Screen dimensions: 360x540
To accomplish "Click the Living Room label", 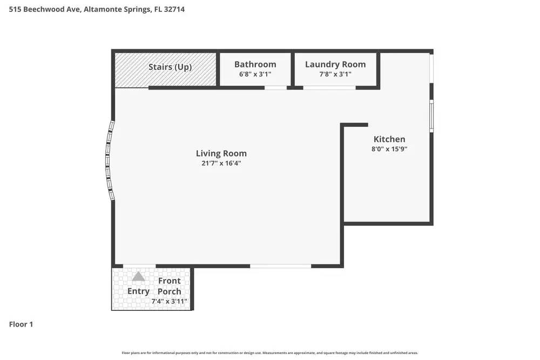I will tap(221, 153).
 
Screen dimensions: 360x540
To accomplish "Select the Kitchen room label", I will tap(389, 139).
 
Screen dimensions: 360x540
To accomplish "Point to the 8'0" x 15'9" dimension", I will tap(389, 149).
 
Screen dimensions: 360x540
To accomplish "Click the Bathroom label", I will tap(255, 64).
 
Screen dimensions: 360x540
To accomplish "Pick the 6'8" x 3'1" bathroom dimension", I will tap(255, 74).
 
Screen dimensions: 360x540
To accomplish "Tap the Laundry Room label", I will tap(335, 64).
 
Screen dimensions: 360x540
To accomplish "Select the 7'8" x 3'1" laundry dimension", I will tap(335, 74).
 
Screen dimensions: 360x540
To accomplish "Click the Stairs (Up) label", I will tap(170, 67).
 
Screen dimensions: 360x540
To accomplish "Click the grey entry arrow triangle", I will tap(139, 276).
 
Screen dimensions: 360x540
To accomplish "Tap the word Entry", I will tap(138, 291).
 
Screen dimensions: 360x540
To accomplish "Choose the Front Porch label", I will tap(170, 286).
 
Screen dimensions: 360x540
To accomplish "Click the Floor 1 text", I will tap(21, 324).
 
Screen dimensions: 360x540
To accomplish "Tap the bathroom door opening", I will tap(275, 87).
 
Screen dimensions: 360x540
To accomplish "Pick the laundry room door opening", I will tap(329, 87).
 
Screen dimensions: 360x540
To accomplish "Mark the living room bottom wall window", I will tap(280, 266).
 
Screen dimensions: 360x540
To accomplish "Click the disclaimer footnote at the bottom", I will tap(269, 352).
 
